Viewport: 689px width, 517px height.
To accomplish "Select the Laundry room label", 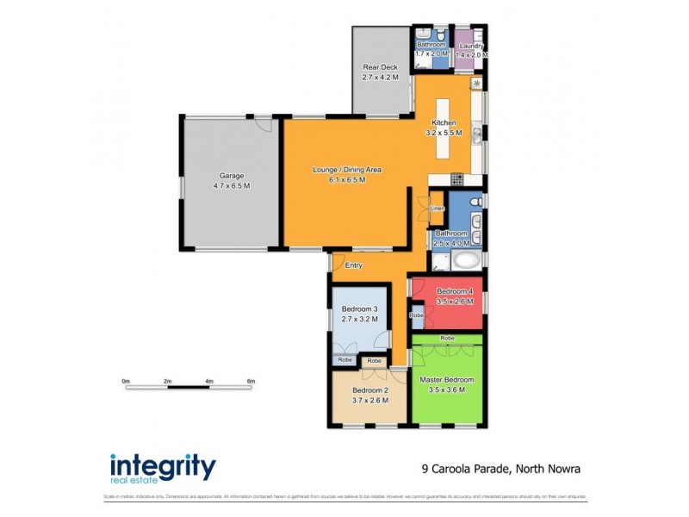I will [471, 46].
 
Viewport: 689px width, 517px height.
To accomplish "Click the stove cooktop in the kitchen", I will [456, 178].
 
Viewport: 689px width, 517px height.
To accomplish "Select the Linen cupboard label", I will [437, 209].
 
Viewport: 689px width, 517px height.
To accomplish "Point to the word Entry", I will [353, 265].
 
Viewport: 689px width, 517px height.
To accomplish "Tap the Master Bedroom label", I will [446, 379].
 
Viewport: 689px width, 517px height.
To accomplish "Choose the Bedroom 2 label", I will [370, 389].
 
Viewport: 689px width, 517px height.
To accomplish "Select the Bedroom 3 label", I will [359, 308].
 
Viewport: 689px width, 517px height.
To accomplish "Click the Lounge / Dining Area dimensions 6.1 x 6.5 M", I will [346, 180].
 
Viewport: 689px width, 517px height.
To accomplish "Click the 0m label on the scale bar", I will [126, 381].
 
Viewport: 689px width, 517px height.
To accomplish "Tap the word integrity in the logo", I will [163, 466].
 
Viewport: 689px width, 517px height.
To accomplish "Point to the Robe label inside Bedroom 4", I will [416, 315].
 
